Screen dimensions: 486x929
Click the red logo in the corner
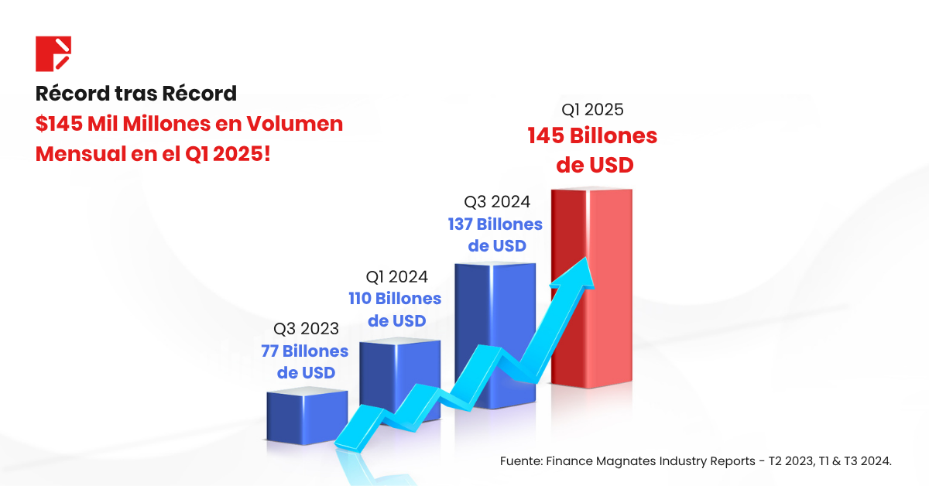pyautogui.click(x=53, y=53)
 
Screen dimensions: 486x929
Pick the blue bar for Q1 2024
pyautogui.click(x=400, y=371)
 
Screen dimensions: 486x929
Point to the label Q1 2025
pyautogui.click(x=592, y=110)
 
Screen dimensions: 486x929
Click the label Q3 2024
pyautogui.click(x=497, y=202)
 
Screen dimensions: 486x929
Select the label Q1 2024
pyautogui.click(x=396, y=276)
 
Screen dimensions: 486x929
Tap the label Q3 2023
pyautogui.click(x=306, y=329)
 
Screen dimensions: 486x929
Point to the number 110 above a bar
pyautogui.click(x=361, y=299)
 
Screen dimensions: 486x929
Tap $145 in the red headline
pyautogui.click(x=61, y=124)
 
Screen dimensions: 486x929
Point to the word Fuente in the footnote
pyautogui.click(x=519, y=461)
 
